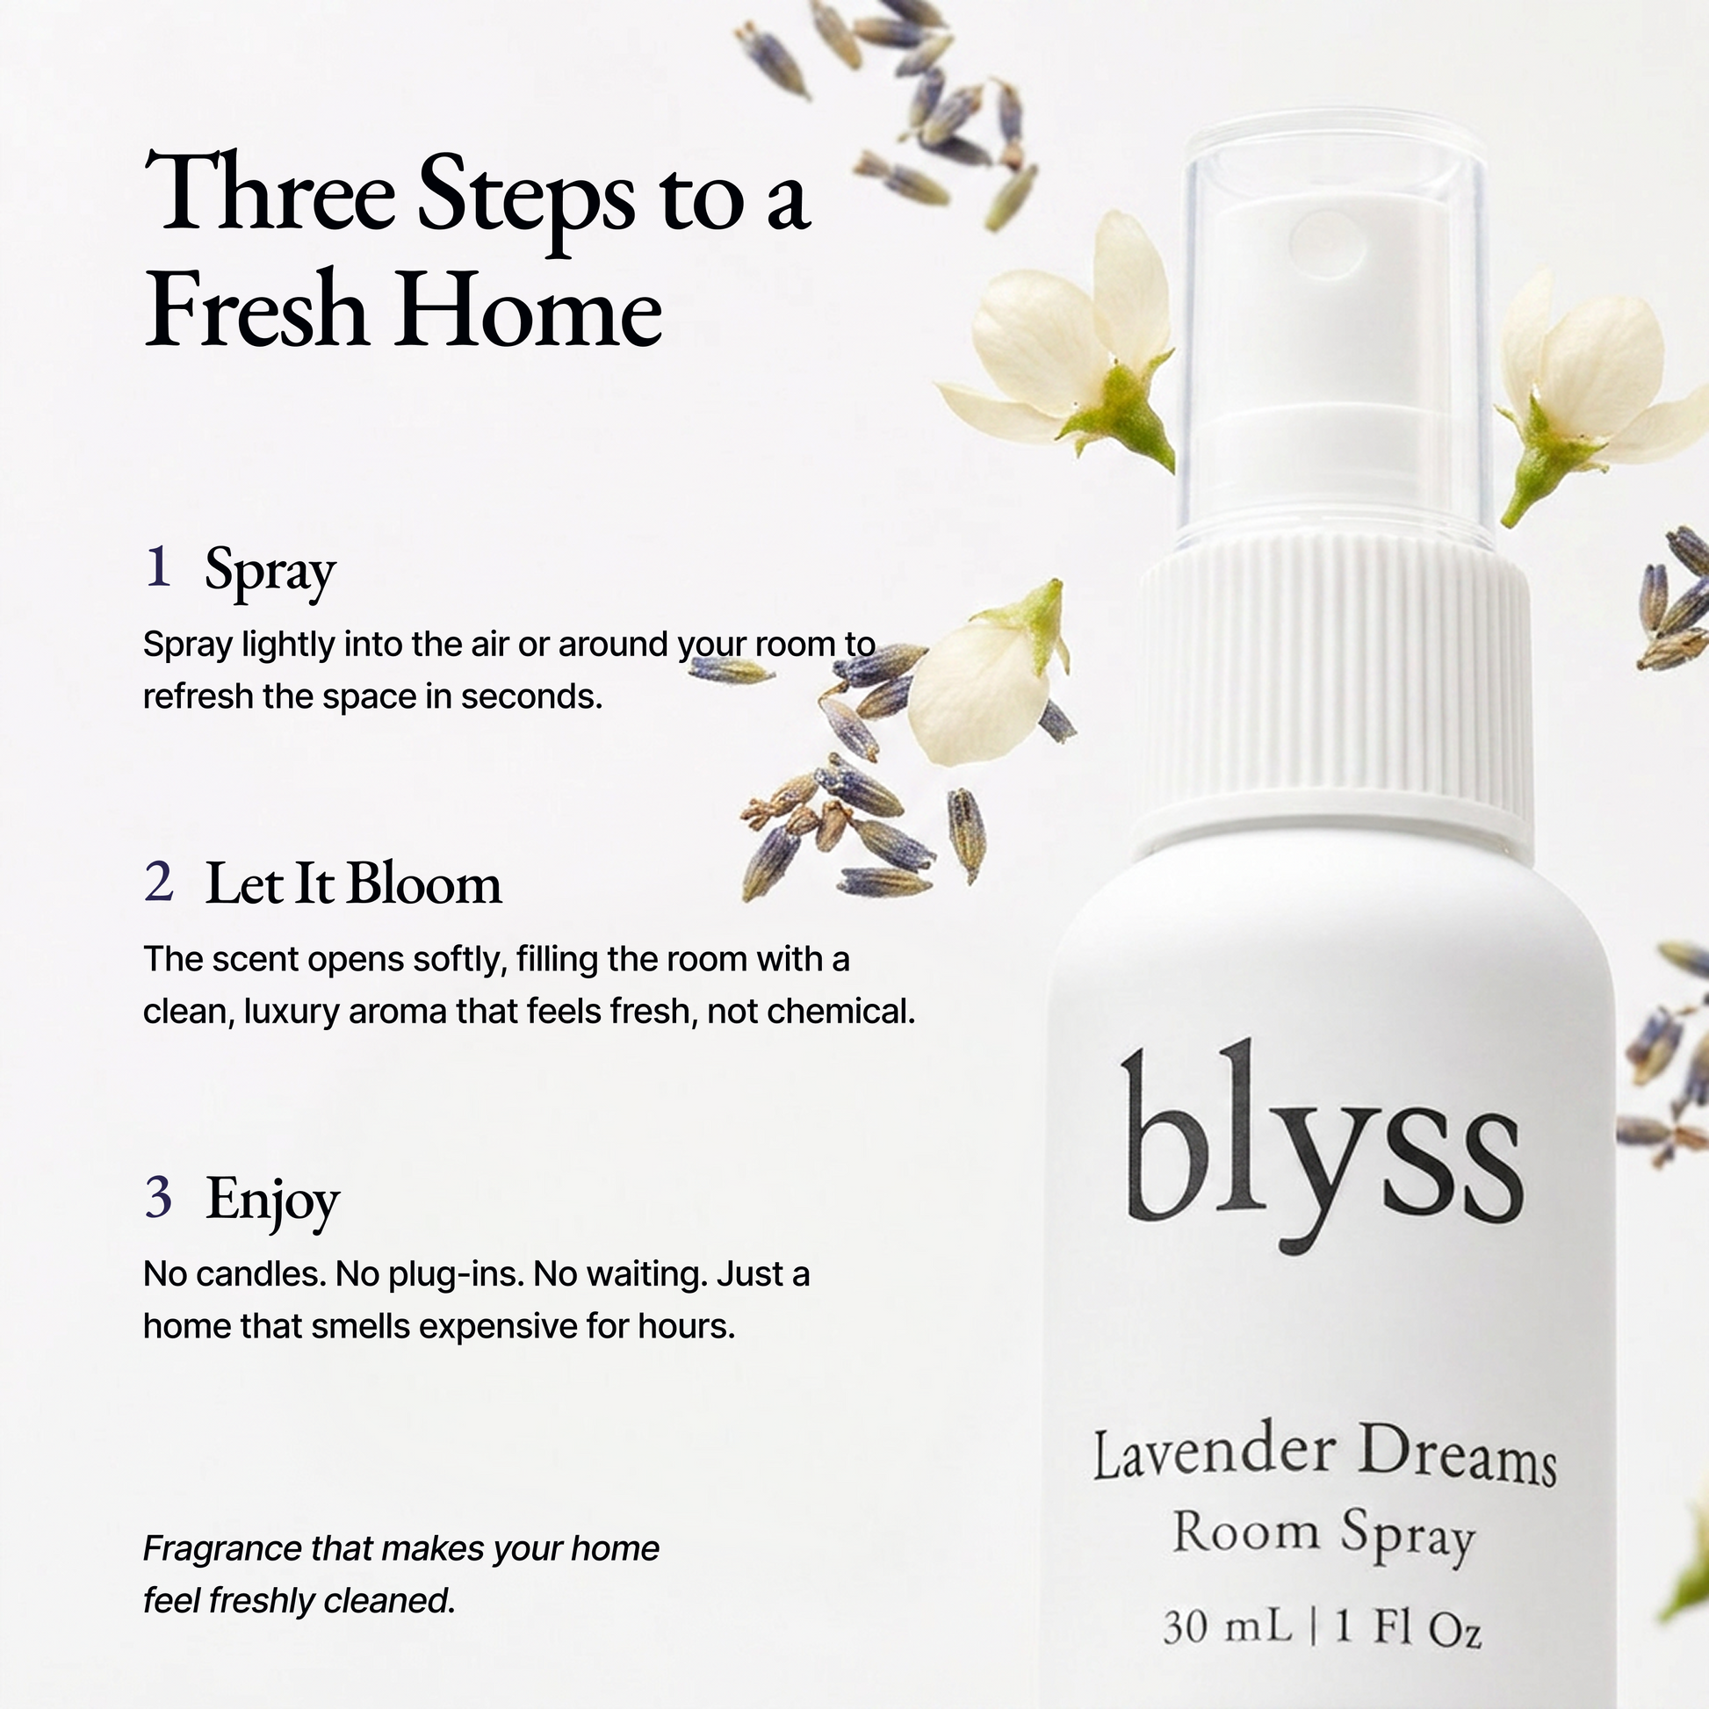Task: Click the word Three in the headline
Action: [x=269, y=193]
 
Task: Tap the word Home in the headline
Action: [x=529, y=311]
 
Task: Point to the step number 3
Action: [x=158, y=1196]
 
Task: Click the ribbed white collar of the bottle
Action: [x=1336, y=696]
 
